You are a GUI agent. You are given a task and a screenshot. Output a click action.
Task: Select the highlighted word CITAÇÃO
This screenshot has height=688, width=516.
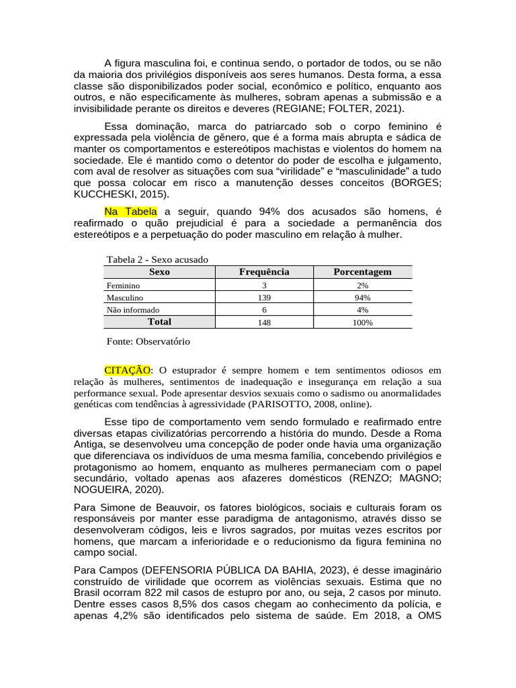coord(127,370)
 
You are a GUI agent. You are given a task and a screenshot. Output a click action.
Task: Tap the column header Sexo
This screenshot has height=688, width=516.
coord(159,272)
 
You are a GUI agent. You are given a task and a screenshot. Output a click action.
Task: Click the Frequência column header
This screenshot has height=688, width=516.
coord(264,272)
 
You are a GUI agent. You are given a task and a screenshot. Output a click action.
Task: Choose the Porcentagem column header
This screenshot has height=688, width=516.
coord(362,272)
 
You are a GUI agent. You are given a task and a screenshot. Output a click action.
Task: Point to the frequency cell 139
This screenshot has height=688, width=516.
coord(264,298)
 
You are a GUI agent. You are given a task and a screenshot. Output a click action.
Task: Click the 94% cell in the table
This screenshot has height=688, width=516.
coord(362,298)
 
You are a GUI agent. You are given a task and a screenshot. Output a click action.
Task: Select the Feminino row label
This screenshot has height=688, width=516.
coord(123,286)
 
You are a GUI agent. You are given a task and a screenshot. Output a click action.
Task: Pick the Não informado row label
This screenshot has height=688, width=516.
coord(133,310)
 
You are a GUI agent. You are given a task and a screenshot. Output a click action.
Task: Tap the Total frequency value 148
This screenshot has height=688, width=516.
coord(264,322)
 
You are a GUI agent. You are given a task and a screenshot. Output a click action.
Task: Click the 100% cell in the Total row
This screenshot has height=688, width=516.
coord(362,322)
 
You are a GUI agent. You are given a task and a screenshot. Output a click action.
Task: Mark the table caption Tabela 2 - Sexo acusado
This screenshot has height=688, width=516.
coord(157,259)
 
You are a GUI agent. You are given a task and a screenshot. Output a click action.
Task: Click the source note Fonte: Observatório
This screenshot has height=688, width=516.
coord(148,341)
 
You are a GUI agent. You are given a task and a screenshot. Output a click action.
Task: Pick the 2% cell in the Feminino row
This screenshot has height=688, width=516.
coord(362,286)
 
